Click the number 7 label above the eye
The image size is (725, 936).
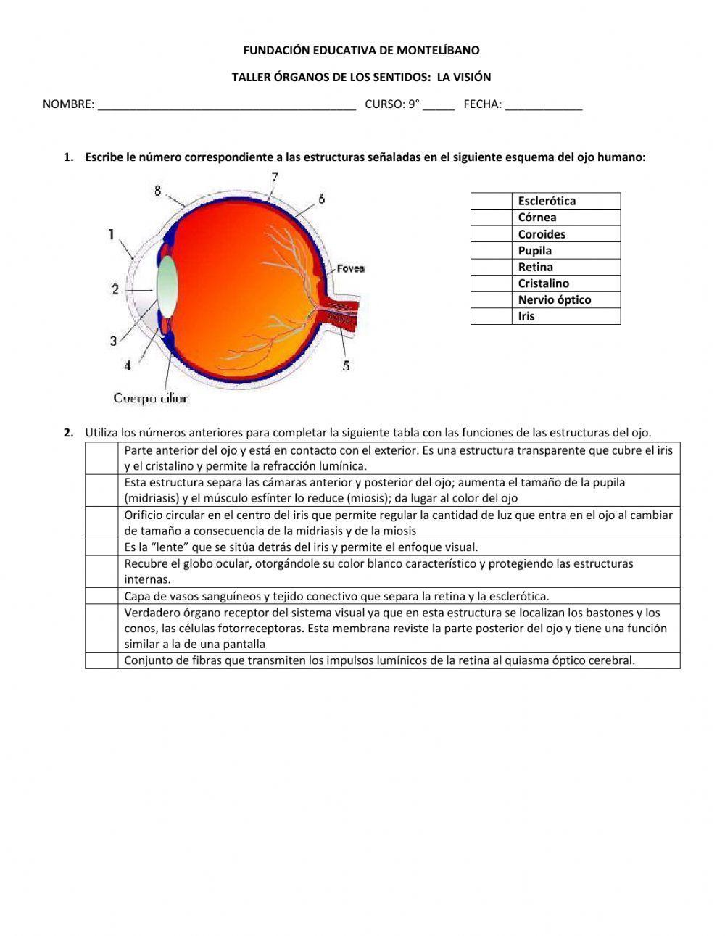[275, 177]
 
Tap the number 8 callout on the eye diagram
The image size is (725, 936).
[157, 191]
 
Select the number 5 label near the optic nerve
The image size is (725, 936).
[346, 365]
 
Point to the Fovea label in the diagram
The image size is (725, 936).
[350, 269]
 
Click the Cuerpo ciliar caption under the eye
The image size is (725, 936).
[150, 398]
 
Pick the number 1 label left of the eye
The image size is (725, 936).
[111, 233]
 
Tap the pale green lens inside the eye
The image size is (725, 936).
[167, 286]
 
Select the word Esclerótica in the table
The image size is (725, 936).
[547, 201]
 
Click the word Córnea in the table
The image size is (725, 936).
[537, 218]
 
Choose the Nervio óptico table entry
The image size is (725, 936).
[555, 299]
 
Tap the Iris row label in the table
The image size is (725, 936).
[526, 316]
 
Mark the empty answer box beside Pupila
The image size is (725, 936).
[492, 250]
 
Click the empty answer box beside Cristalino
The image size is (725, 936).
[492, 283]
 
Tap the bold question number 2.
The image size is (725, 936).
[69, 433]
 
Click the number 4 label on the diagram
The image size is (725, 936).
[128, 365]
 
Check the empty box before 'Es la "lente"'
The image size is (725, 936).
[101, 547]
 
